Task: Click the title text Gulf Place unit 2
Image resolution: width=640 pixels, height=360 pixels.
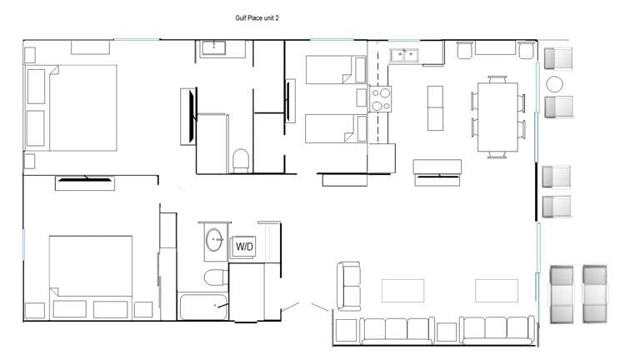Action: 256,17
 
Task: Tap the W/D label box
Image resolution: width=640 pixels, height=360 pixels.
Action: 244,247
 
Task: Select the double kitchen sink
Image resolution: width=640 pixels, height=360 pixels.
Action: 405,56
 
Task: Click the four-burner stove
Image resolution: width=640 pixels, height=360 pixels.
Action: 381,100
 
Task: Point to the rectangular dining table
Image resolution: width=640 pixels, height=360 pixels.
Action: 497,115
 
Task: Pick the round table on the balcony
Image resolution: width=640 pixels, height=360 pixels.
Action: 555,84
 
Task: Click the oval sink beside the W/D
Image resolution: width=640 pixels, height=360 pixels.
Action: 214,241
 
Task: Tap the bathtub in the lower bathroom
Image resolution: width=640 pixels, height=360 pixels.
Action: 202,305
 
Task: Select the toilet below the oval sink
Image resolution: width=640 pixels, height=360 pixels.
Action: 214,277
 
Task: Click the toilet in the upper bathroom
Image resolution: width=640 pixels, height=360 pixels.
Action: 241,159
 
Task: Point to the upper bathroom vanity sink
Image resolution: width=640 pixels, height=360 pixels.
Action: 222,47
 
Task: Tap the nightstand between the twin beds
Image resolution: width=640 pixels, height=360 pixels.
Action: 362,98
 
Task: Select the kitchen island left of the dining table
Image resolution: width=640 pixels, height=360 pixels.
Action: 436,107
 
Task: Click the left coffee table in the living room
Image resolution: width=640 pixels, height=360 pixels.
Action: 402,289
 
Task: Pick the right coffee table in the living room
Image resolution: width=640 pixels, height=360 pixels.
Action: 497,289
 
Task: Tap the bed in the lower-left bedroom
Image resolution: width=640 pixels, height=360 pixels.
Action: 90,267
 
